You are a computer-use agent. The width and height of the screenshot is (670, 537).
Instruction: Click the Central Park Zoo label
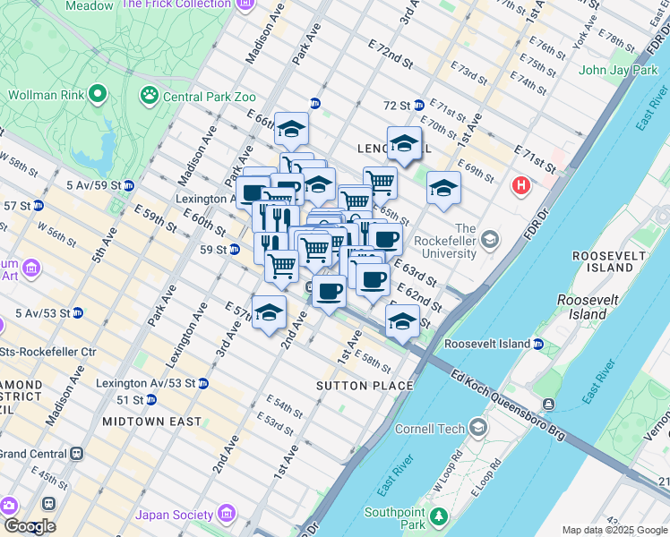tap(208, 97)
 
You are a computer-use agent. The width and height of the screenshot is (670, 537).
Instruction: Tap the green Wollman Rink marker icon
tap(97, 92)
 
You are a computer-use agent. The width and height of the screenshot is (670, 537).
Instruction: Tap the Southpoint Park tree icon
tap(438, 516)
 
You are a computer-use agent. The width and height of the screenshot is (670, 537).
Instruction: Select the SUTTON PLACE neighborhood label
tap(365, 386)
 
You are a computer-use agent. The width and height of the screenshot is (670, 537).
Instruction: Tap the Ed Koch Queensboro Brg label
tap(509, 405)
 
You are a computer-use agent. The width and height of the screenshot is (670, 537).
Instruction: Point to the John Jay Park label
tap(617, 70)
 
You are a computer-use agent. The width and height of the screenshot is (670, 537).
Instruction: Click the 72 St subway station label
tap(397, 106)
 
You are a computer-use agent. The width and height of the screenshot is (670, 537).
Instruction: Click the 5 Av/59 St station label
tap(94, 185)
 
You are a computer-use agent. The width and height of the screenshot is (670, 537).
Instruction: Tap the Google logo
tap(29, 526)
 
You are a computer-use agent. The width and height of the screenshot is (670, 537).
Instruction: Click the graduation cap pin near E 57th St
tap(269, 313)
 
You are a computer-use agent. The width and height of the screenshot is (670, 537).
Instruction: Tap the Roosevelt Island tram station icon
tap(537, 344)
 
